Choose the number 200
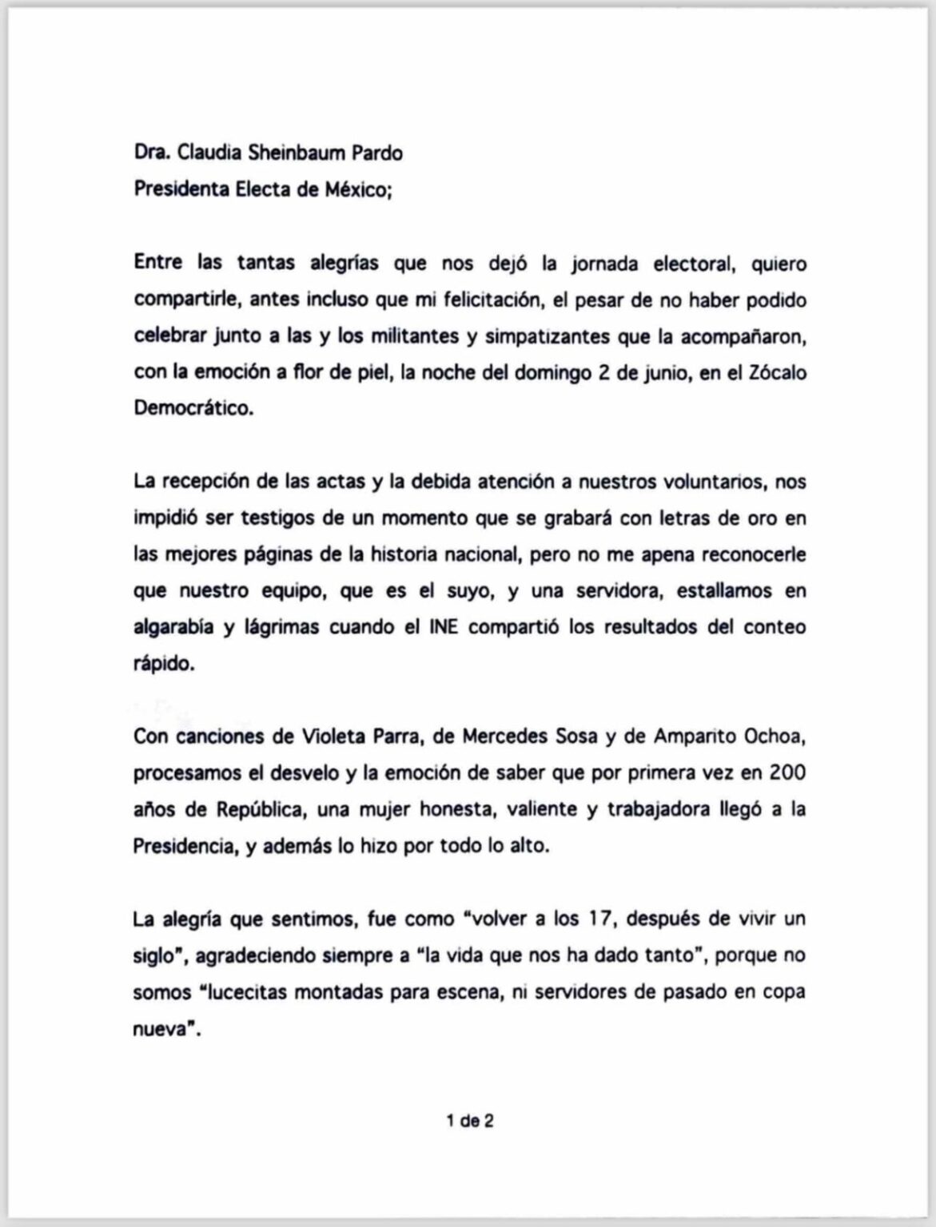point(787,772)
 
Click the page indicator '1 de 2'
point(470,1121)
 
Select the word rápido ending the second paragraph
point(163,664)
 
